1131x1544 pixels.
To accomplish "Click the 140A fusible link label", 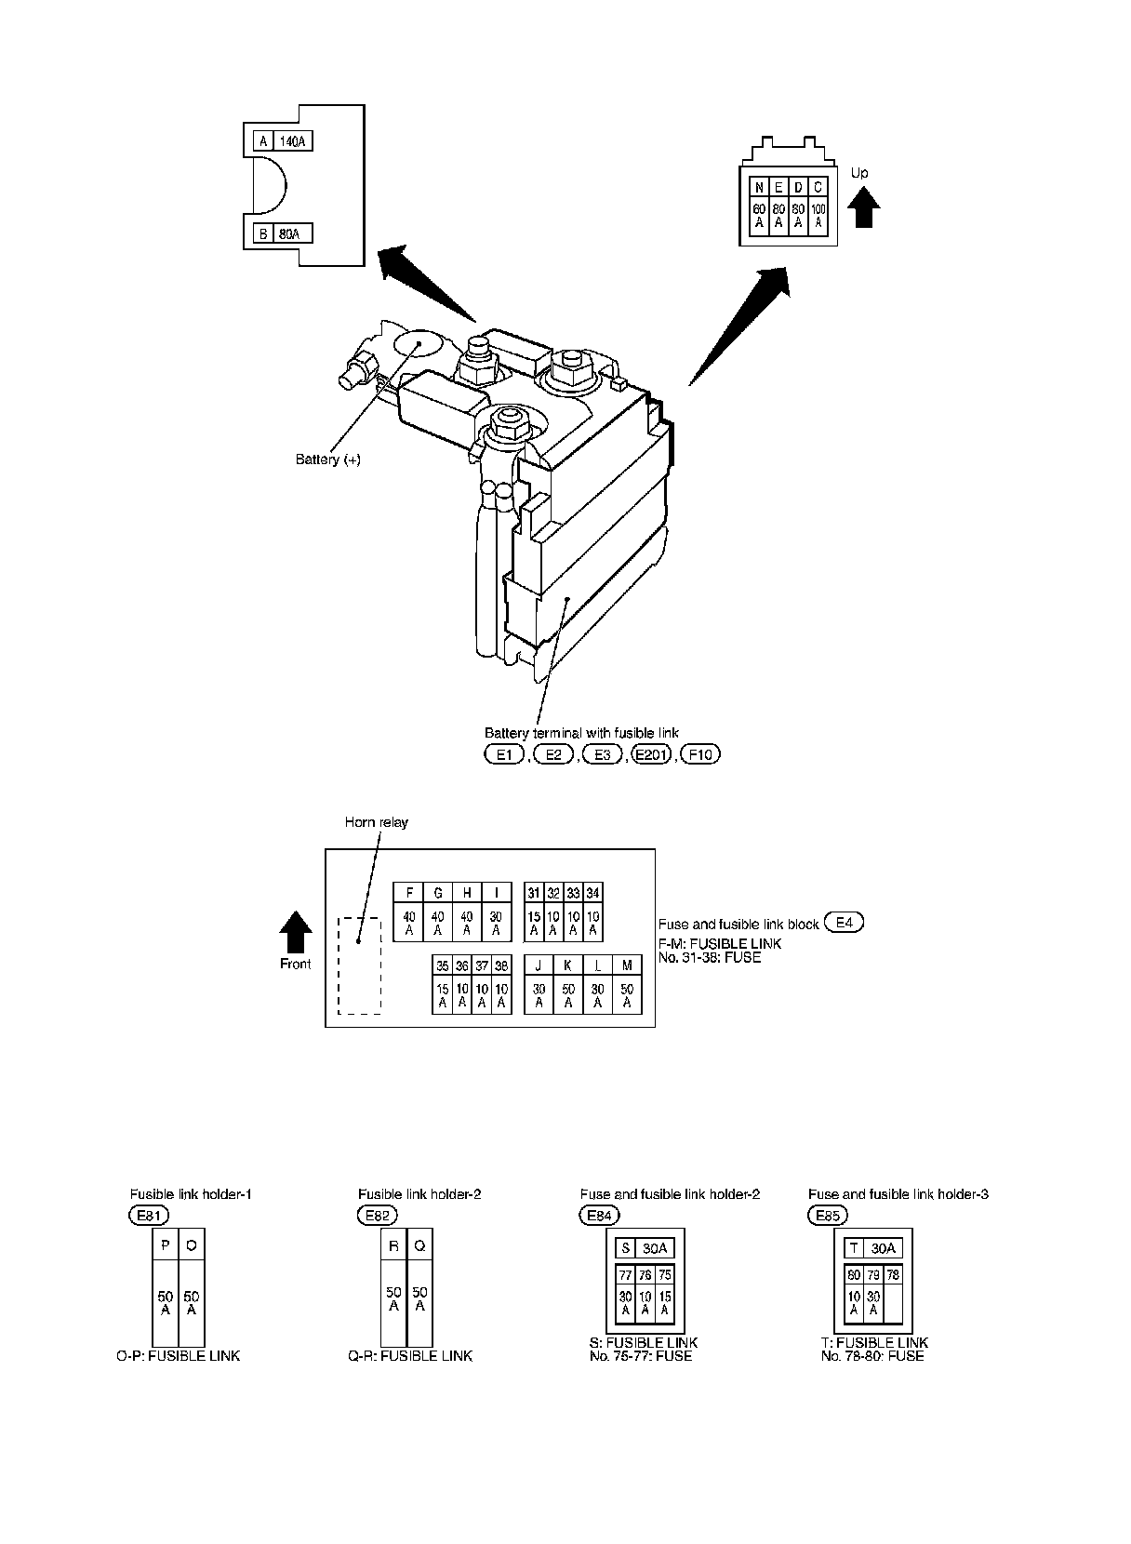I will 292,141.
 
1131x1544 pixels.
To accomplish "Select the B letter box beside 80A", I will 263,234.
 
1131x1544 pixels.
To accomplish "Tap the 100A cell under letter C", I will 818,217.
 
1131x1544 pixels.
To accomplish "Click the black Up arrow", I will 866,206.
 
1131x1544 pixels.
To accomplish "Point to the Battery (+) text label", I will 327,459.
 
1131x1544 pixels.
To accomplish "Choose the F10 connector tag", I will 700,754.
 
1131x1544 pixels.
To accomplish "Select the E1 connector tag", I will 505,754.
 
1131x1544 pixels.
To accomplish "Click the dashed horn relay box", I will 358,965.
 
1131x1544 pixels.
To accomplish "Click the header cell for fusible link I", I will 497,893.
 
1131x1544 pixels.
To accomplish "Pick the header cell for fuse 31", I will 534,893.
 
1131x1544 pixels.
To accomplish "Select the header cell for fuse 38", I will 501,965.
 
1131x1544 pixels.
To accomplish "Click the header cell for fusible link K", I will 568,965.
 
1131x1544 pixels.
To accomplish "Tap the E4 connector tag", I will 844,923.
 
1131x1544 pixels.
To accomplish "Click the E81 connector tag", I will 150,1215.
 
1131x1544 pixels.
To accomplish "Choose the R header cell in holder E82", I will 393,1245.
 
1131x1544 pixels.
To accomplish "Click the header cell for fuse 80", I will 854,1275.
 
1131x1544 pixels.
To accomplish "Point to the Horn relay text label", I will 376,822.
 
